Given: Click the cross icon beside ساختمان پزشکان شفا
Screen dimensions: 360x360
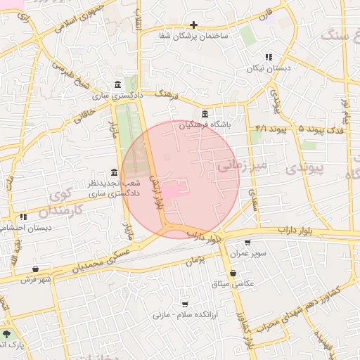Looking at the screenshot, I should click(193, 25).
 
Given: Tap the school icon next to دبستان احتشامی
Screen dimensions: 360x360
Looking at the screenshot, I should click(23, 217).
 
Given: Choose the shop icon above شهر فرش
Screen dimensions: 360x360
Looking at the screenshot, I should click(35, 269).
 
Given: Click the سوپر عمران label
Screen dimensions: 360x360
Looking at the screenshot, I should click(247, 253).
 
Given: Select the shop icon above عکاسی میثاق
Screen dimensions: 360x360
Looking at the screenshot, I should click(232, 274).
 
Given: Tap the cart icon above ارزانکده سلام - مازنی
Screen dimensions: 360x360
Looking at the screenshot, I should click(184, 304).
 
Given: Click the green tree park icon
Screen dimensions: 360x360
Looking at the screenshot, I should click(7, 334).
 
